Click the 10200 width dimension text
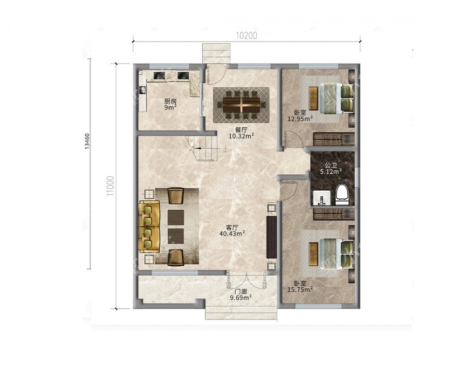[247, 35]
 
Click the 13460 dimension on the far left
[87, 141]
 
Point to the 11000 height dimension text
[110, 186]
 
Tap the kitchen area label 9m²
[171, 107]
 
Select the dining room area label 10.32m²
[241, 136]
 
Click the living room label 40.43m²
[232, 234]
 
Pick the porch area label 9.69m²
[241, 297]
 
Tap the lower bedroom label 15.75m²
[300, 289]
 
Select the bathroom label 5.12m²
[330, 171]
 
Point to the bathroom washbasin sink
[321, 198]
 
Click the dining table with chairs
[241, 105]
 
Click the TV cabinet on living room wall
[271, 237]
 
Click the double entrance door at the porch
[246, 280]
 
